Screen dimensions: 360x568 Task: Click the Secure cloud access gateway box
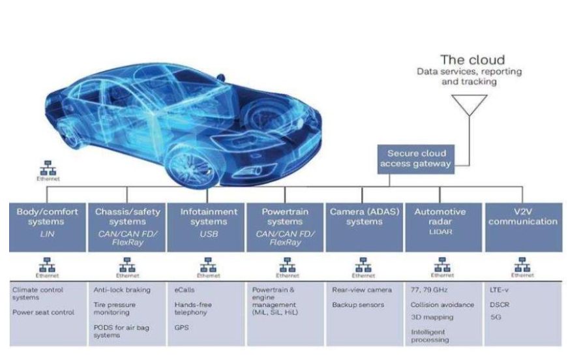[x=416, y=158]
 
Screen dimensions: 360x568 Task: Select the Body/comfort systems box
[x=48, y=226]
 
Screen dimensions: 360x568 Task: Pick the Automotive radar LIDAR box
[x=441, y=226]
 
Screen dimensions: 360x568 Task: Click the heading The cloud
[x=471, y=59]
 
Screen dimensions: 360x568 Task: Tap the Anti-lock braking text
[x=122, y=290]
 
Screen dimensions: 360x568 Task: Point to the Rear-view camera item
[x=361, y=290]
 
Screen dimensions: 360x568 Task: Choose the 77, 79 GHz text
[x=429, y=290]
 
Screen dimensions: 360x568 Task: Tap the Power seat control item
[x=43, y=312]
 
